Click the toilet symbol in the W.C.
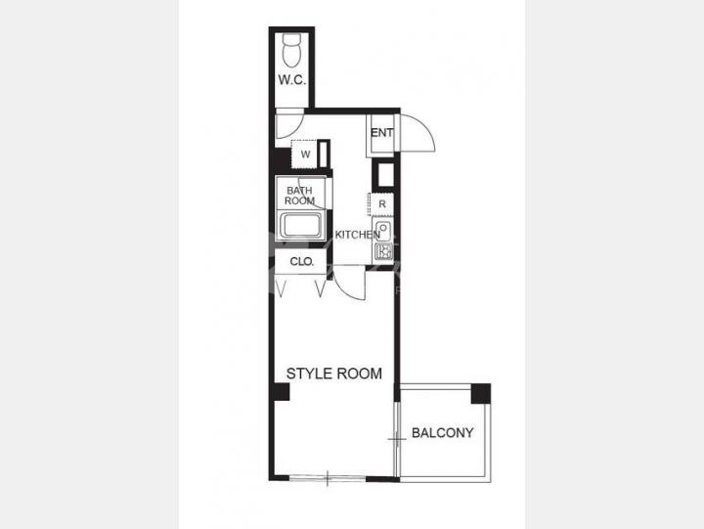[x=291, y=50]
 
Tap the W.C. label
[x=292, y=80]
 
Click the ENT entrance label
[x=382, y=133]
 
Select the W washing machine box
[x=305, y=154]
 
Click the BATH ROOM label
[x=299, y=196]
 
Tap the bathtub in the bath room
[x=301, y=226]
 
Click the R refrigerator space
[x=381, y=204]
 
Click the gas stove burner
[x=384, y=251]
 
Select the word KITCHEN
[x=358, y=235]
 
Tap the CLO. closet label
[x=302, y=261]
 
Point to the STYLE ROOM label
[x=334, y=374]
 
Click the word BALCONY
[x=443, y=433]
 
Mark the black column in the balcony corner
[x=481, y=394]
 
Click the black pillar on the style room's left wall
[x=281, y=391]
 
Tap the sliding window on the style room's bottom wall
[x=328, y=478]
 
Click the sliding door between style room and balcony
[x=396, y=439]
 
